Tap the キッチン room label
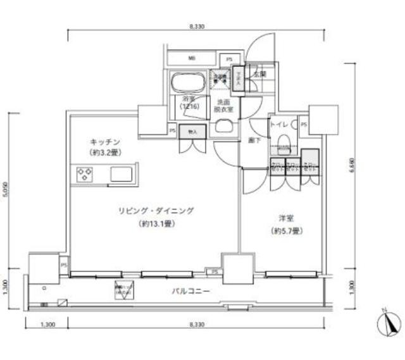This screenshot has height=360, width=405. click(105, 143)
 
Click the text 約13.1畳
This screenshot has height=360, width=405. click(155, 224)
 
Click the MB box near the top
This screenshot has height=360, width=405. click(191, 59)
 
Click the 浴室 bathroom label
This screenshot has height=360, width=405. click(189, 100)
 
